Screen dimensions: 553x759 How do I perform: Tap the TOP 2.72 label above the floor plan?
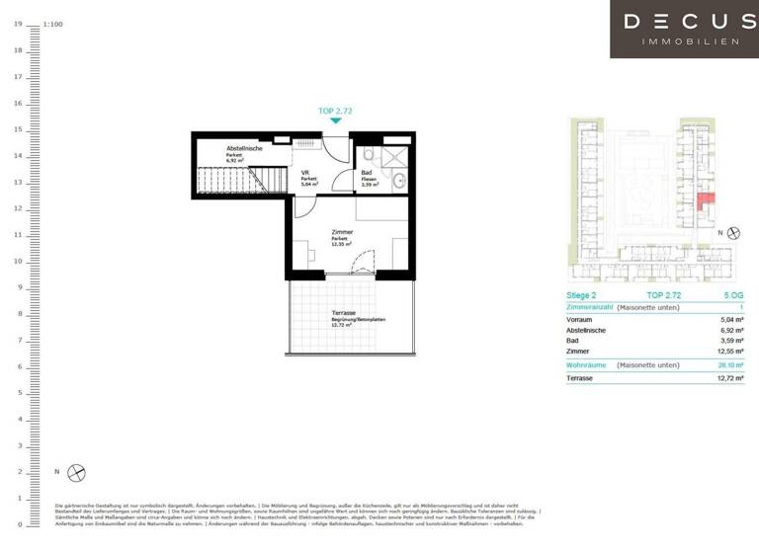336,112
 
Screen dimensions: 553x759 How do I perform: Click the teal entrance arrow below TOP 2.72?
336,120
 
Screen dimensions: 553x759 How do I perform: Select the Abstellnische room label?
243,148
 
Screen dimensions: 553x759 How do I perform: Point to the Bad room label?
366,173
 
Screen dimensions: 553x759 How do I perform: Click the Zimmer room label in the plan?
343,232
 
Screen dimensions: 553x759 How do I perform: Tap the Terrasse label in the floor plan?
344,311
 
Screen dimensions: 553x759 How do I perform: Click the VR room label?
306,172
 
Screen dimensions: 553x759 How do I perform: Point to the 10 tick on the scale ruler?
19,261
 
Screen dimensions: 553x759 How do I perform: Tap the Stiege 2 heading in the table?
582,295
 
